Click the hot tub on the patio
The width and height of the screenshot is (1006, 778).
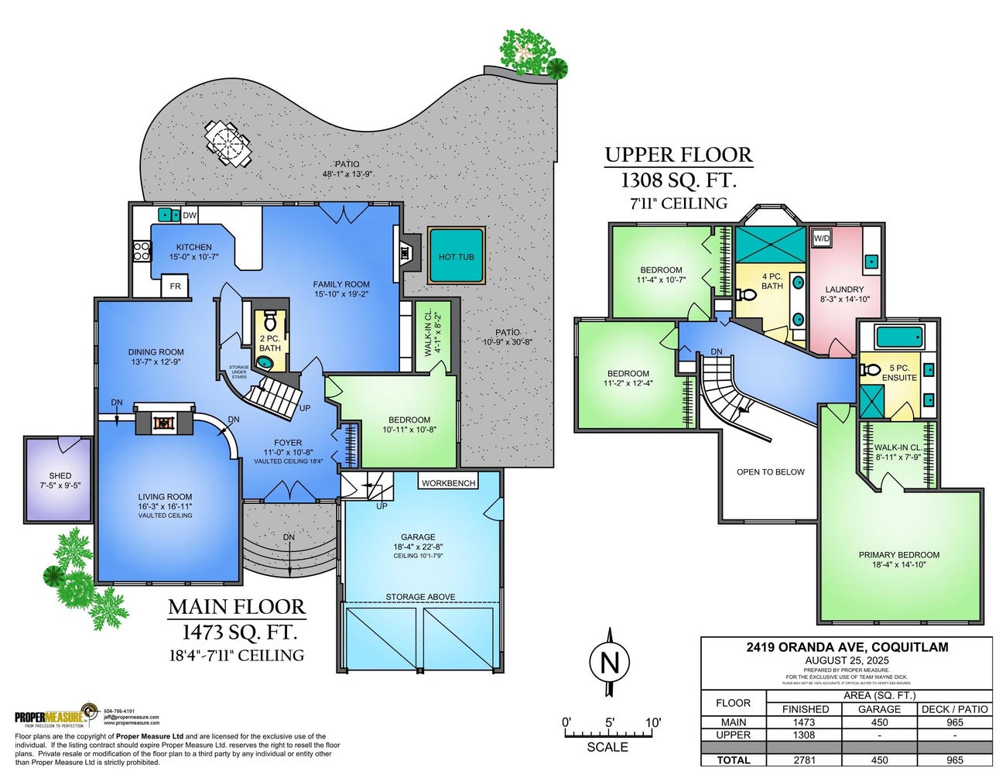coord(456,256)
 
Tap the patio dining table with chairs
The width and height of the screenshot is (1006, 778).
coord(228,143)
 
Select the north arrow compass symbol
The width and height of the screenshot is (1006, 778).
coord(610,663)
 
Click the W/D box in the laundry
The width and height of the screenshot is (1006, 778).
coord(821,238)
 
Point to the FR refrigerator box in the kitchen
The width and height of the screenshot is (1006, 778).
coord(175,286)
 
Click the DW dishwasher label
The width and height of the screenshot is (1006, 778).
coord(190,215)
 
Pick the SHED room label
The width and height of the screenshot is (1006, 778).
coord(60,475)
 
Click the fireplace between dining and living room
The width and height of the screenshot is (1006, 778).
coord(163,423)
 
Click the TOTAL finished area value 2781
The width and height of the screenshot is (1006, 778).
coord(804,759)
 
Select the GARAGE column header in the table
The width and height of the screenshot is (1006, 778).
coord(879,708)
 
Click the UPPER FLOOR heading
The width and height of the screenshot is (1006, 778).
coord(678,155)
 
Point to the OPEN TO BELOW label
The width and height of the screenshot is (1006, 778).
coord(770,471)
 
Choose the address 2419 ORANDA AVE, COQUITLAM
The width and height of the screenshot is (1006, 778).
coord(847,647)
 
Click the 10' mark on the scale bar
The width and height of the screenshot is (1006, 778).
coord(653,722)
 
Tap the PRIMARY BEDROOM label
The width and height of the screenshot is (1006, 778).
coord(898,554)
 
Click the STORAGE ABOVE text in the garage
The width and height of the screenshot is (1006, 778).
coord(420,597)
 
